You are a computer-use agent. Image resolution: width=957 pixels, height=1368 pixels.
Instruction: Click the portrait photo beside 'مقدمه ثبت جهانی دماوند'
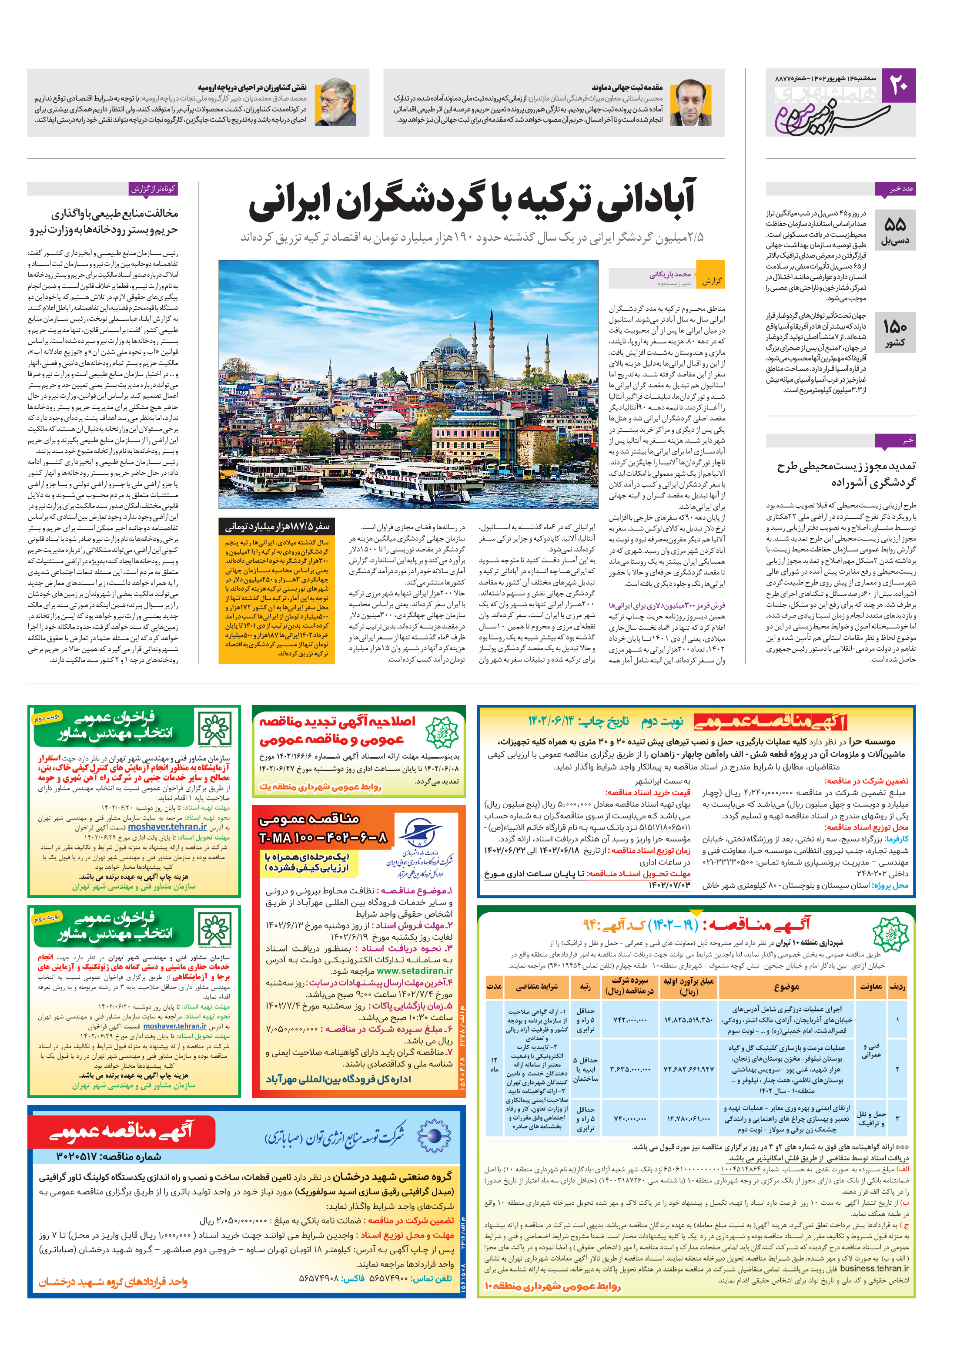click(x=691, y=102)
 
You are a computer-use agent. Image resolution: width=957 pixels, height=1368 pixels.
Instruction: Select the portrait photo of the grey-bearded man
click(x=335, y=102)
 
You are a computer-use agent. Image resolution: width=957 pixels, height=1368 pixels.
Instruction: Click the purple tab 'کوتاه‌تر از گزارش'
click(x=154, y=189)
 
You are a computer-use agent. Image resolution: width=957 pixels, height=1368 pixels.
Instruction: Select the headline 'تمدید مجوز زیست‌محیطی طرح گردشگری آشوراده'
click(x=846, y=474)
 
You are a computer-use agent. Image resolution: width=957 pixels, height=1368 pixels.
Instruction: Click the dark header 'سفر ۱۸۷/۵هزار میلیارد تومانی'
click(x=277, y=527)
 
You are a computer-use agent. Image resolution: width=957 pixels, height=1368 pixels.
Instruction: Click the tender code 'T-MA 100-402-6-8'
click(x=323, y=839)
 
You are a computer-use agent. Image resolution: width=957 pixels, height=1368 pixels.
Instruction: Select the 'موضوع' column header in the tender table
click(x=786, y=987)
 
